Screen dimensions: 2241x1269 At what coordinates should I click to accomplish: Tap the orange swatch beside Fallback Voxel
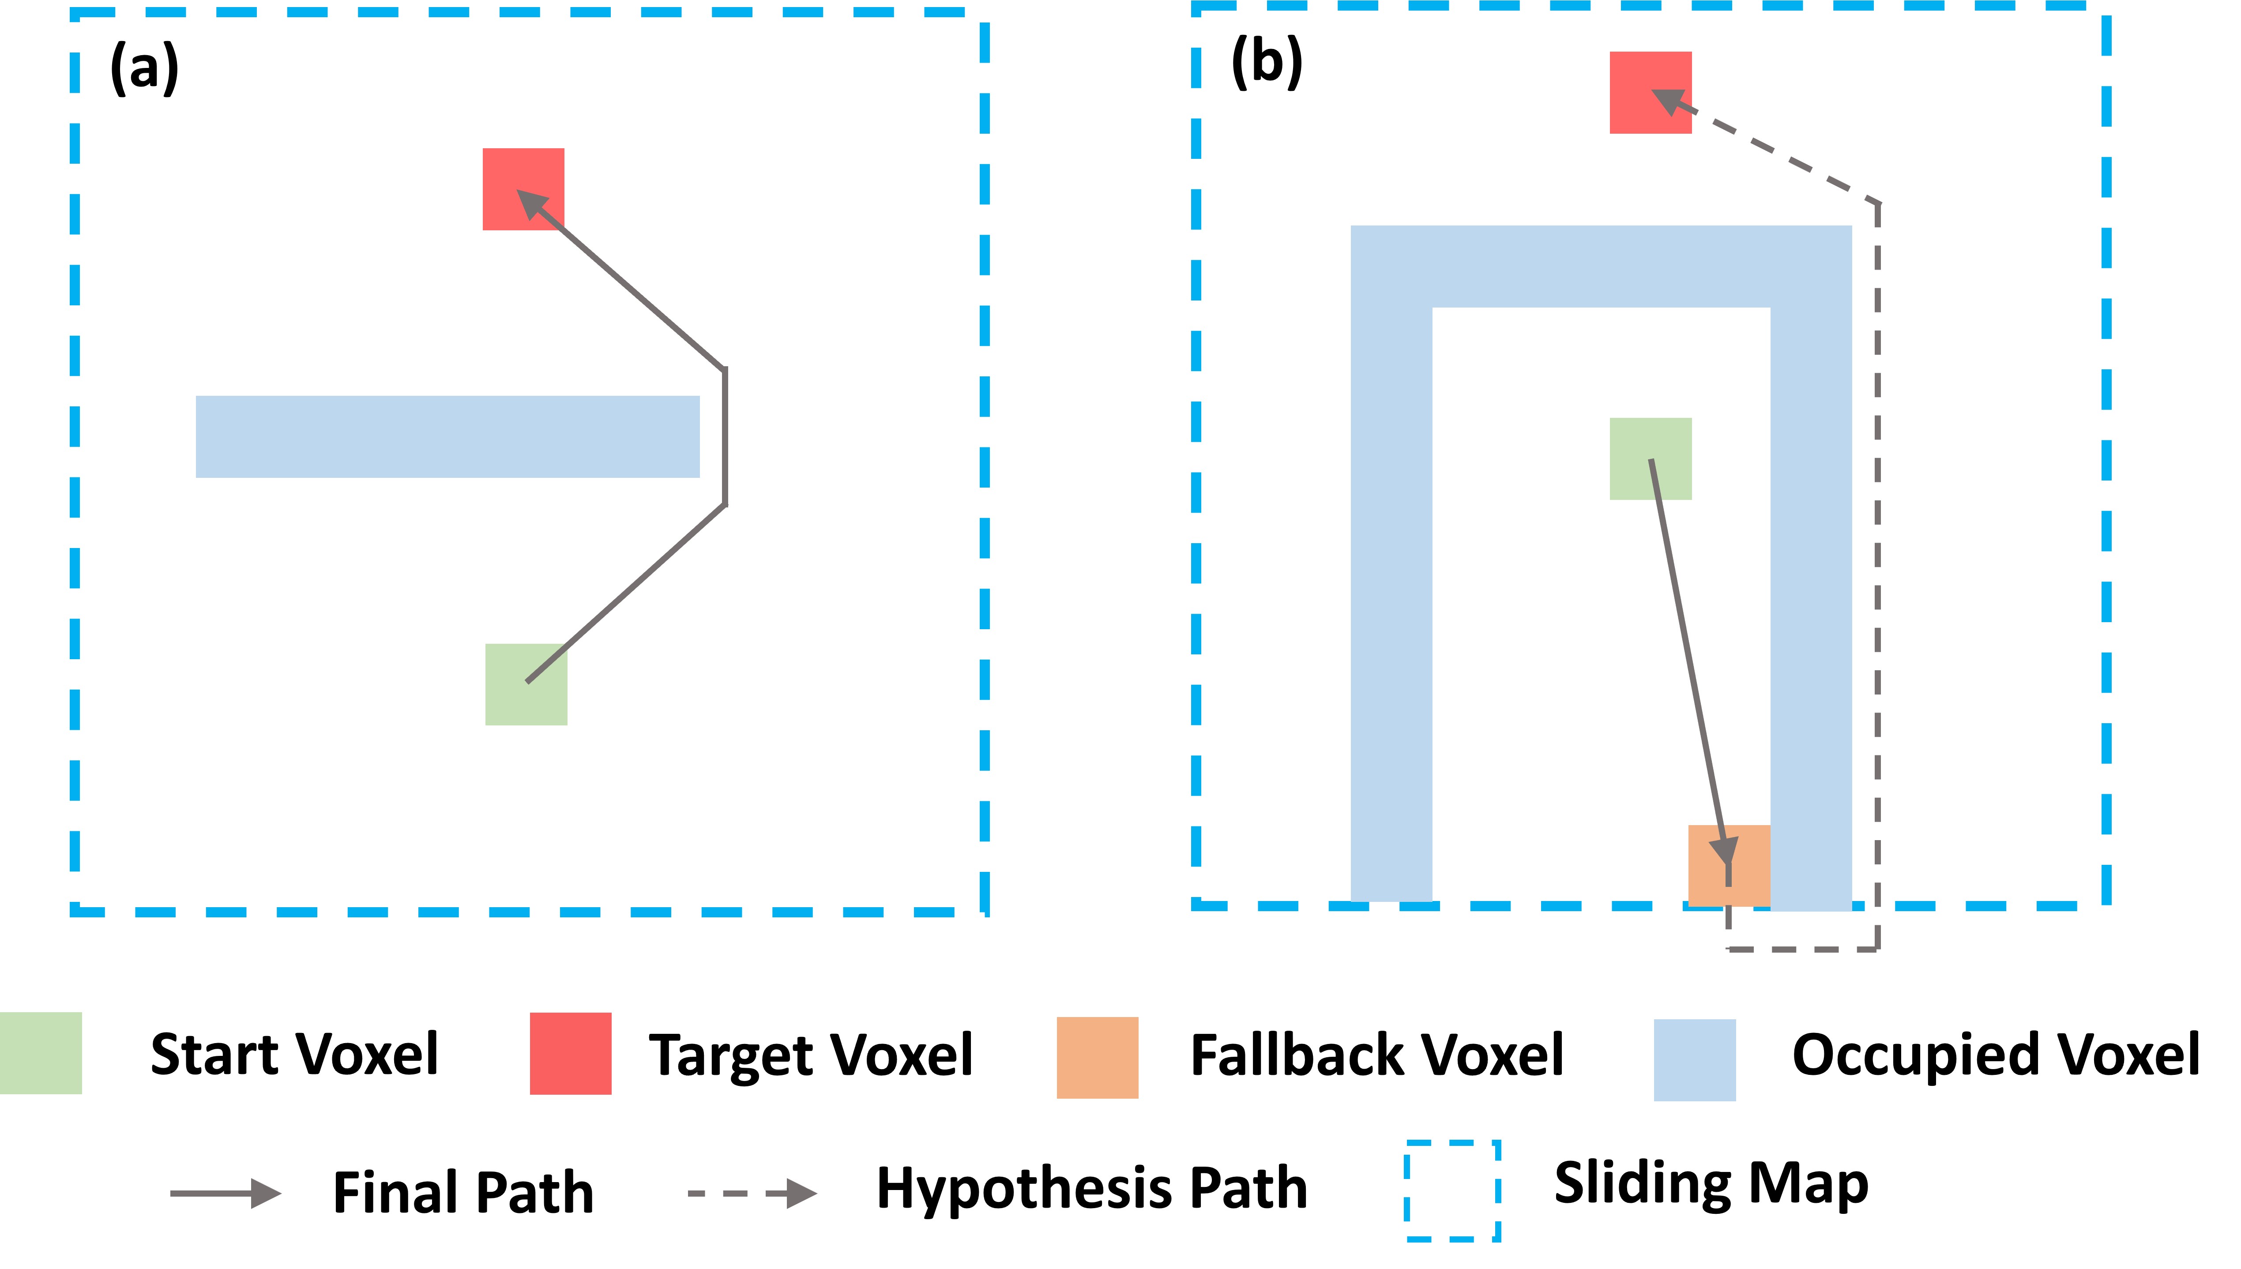[x=1098, y=1057]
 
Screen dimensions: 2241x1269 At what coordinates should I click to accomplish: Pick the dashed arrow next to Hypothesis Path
[x=752, y=1193]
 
